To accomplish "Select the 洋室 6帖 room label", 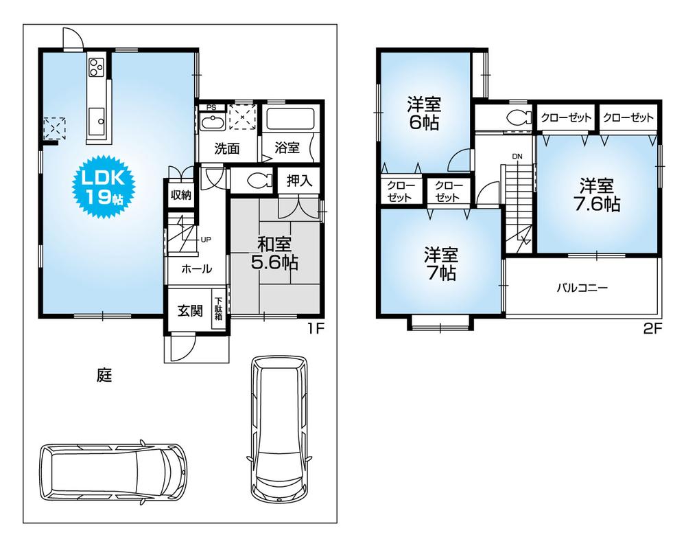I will (x=423, y=114).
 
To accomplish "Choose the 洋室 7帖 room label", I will (x=440, y=263).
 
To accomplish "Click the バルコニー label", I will (x=582, y=288).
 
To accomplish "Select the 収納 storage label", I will (x=181, y=196).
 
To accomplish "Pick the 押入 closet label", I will (x=299, y=181).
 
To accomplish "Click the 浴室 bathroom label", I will (x=287, y=148).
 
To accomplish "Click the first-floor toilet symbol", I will (x=258, y=181).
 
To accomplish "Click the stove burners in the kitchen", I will (x=95, y=67).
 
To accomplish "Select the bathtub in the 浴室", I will (x=290, y=119).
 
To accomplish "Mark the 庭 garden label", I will (x=104, y=375).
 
